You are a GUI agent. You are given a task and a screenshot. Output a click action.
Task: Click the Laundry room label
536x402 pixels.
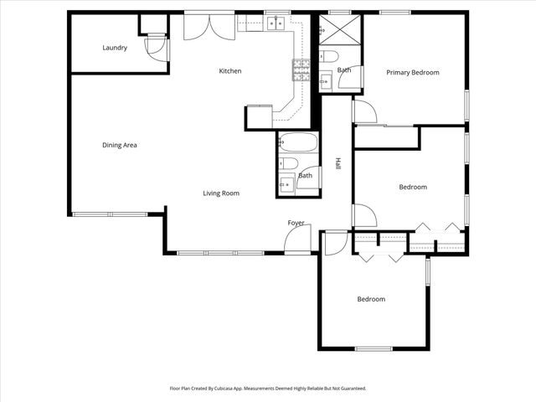coord(115,48)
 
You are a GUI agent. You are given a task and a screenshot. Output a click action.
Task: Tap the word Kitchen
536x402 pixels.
coord(230,71)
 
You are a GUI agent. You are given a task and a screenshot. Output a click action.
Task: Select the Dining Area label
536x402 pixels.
coord(120,145)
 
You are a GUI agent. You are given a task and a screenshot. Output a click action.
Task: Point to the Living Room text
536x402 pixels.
coord(221,193)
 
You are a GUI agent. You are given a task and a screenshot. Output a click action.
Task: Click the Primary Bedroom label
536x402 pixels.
coord(412,73)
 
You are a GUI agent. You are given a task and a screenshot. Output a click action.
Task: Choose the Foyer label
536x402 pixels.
coord(296,223)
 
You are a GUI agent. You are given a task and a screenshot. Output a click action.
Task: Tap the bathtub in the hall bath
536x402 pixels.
coord(297,142)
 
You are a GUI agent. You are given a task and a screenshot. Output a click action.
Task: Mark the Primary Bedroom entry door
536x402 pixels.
coord(364,111)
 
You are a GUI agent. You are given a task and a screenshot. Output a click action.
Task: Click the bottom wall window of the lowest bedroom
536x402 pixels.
coord(374,348)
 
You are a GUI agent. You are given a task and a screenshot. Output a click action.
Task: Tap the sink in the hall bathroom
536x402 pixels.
coord(287,183)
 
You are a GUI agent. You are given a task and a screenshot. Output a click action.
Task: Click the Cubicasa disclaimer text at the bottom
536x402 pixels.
coord(268,389)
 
